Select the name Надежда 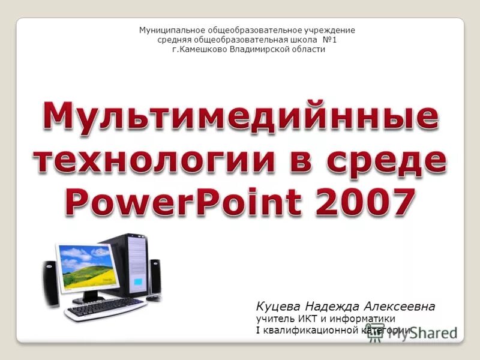pyautogui.click(x=331, y=307)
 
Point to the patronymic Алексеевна pyautogui.click(x=398, y=307)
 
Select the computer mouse pyautogui.click(x=154, y=298)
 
